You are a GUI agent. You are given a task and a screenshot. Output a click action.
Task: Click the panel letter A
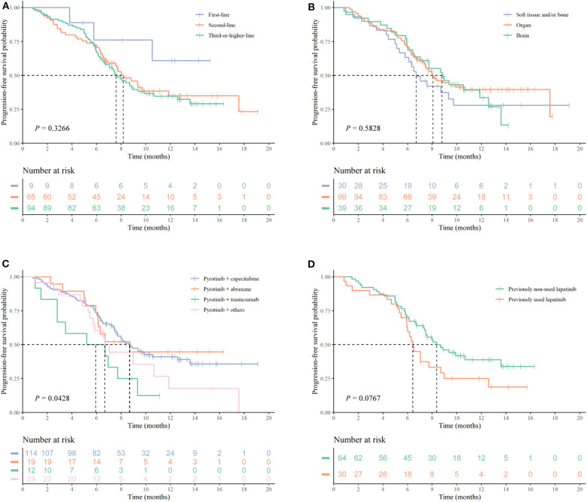pos(5,6)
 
